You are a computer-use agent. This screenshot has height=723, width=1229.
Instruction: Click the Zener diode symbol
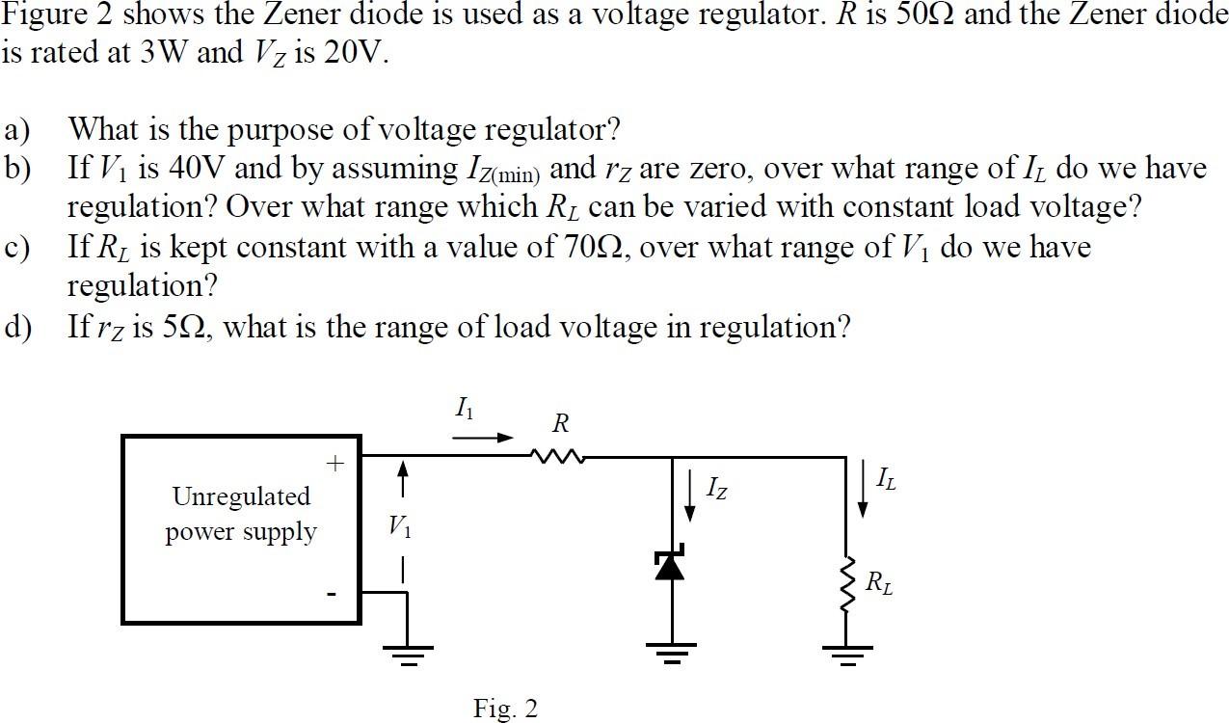tap(670, 565)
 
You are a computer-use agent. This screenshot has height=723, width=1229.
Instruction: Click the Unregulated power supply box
tap(241, 529)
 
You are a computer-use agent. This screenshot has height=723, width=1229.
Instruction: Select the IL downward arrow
tap(862, 490)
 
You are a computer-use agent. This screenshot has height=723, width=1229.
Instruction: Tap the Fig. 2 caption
tap(505, 709)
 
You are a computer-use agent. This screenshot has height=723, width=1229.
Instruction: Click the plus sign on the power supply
tap(334, 464)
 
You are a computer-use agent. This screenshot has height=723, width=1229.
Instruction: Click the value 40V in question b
tap(196, 169)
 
